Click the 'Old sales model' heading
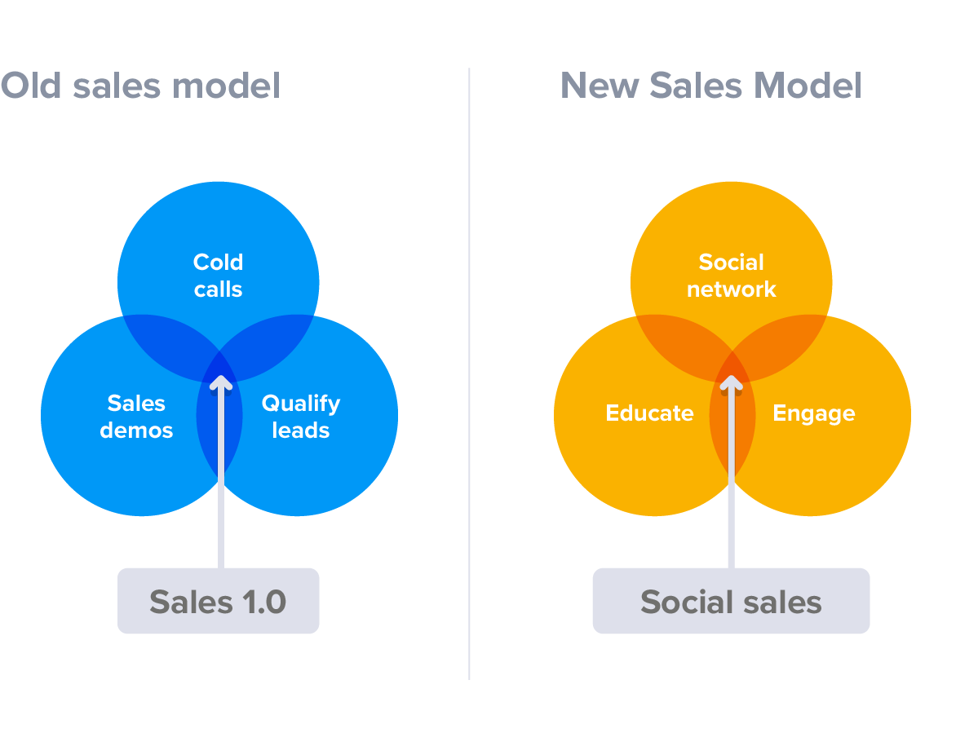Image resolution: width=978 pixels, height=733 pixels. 140,86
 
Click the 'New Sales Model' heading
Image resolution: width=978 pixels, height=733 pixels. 711,86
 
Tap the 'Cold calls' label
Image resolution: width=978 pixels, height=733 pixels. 218,276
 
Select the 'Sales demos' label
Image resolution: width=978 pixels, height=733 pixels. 136,417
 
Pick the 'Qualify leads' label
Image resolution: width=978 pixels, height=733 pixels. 301,417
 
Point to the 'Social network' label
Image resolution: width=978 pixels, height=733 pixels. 731,276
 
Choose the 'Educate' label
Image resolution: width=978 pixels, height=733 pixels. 649,413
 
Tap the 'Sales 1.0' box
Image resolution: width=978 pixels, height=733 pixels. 219,601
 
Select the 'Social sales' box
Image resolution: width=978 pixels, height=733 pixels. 731,601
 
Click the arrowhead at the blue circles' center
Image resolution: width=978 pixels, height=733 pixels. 221,382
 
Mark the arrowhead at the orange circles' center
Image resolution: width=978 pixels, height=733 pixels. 731,382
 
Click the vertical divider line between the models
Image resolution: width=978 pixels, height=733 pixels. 469,374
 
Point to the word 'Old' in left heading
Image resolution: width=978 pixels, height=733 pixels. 31,86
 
